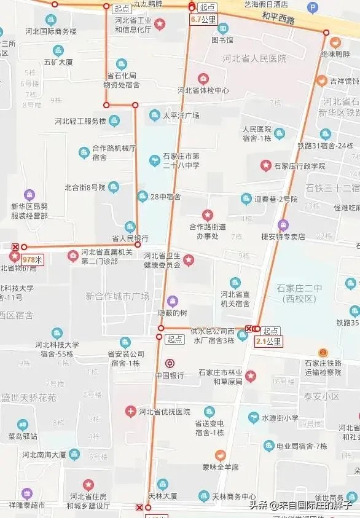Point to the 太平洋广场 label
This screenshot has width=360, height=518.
pos(181,115)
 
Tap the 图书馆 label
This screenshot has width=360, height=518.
pos(222,41)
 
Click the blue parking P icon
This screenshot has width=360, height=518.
pos(312,8)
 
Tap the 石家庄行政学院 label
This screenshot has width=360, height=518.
pos(300,165)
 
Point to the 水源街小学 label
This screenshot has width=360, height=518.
pos(280,418)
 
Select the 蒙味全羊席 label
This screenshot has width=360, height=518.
pos(221,468)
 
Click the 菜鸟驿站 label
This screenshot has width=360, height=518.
pos(23,436)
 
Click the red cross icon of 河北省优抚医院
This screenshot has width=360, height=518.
pos(130,411)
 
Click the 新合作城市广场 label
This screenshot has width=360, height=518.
pos(118,296)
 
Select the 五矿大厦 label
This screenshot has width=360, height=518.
pos(58,62)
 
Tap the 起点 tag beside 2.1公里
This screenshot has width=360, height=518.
pos(271,331)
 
